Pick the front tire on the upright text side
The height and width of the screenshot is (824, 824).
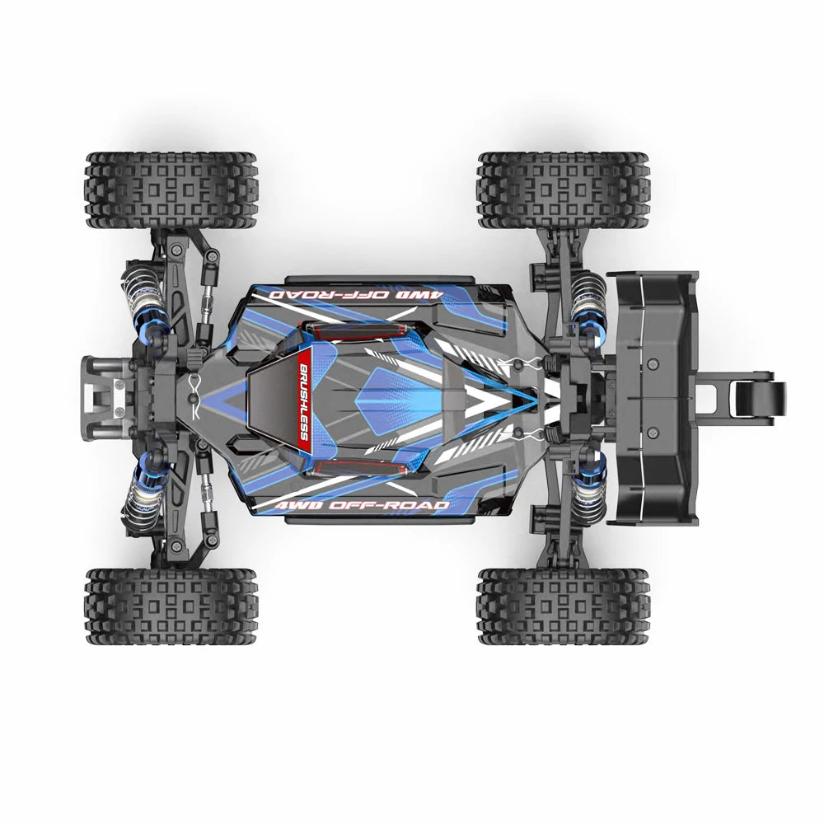coord(171,606)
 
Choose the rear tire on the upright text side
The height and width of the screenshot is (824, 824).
coord(564,606)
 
